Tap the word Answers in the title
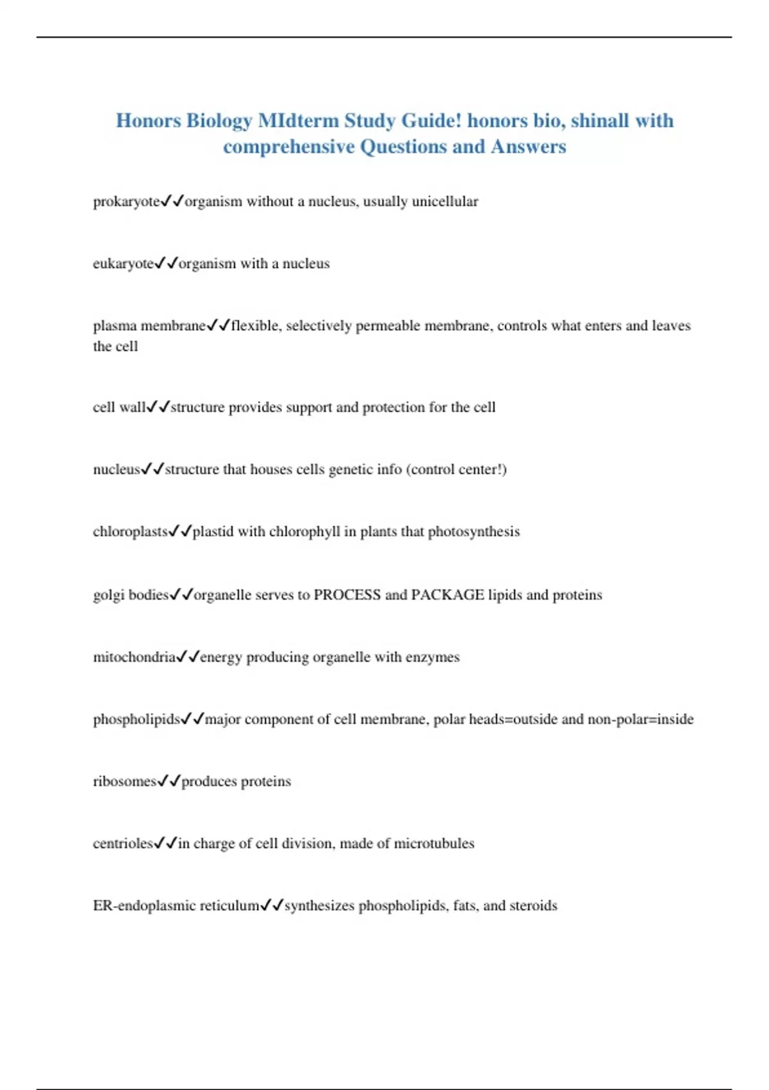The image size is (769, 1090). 529,147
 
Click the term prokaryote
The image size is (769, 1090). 126,202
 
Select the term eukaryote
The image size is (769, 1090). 123,264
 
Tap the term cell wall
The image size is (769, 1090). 119,407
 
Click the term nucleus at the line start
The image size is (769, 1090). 116,469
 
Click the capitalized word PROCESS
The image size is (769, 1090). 347,595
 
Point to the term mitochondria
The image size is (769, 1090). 134,657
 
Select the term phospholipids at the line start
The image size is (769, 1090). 136,719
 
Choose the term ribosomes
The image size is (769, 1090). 124,782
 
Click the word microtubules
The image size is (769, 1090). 434,844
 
